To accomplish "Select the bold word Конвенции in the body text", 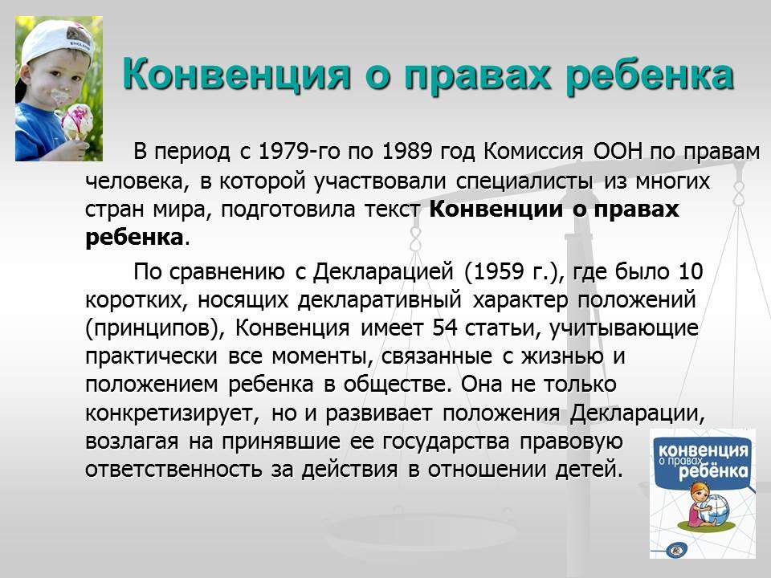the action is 496,209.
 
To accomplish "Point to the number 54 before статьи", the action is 445,328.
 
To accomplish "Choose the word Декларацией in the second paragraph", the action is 383,272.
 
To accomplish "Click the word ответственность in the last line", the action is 173,470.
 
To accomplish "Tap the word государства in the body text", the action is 446,442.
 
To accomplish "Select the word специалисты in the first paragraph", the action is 524,181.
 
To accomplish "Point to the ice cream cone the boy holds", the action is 75,122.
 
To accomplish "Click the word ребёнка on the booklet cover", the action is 714,471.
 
